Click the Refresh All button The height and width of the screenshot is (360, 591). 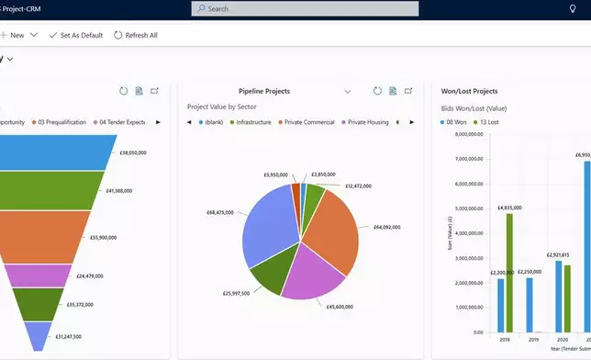(136, 35)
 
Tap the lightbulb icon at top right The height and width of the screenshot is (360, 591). (573, 8)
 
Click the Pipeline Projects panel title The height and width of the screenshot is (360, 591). (264, 92)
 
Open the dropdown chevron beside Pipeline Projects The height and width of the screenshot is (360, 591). (348, 92)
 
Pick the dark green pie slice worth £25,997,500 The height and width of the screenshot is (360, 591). (271, 275)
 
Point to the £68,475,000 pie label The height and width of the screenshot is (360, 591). (221, 212)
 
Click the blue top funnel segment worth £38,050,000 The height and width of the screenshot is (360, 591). (55, 152)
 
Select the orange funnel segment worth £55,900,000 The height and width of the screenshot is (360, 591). (55, 236)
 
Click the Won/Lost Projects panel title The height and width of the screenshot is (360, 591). (470, 92)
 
